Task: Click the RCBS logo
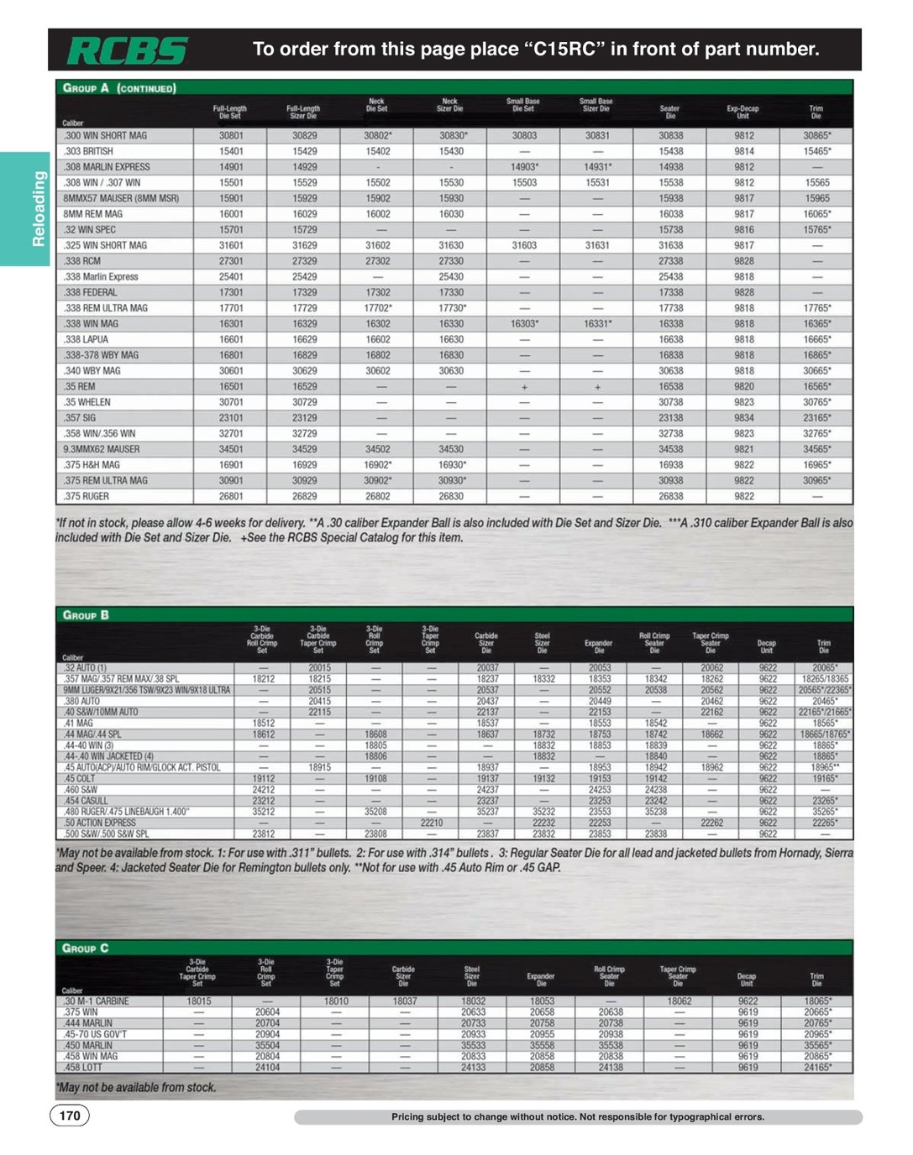(x=128, y=51)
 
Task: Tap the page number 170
(x=70, y=1116)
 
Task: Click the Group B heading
(x=86, y=615)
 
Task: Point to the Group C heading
(x=86, y=948)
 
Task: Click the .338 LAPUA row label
(x=83, y=340)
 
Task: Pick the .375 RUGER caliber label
(x=86, y=496)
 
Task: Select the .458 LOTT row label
(x=81, y=1068)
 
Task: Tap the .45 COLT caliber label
(x=80, y=779)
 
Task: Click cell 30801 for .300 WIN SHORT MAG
(x=231, y=136)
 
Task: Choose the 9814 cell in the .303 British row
(x=743, y=152)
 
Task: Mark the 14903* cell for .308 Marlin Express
(x=524, y=167)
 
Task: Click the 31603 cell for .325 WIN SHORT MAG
(x=524, y=246)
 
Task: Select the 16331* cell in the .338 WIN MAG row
(x=597, y=324)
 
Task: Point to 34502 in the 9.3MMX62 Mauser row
(x=377, y=450)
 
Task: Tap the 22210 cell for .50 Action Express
(x=431, y=823)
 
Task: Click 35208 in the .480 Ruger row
(x=375, y=812)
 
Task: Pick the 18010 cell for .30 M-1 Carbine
(x=335, y=1001)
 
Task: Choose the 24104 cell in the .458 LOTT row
(x=267, y=1068)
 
